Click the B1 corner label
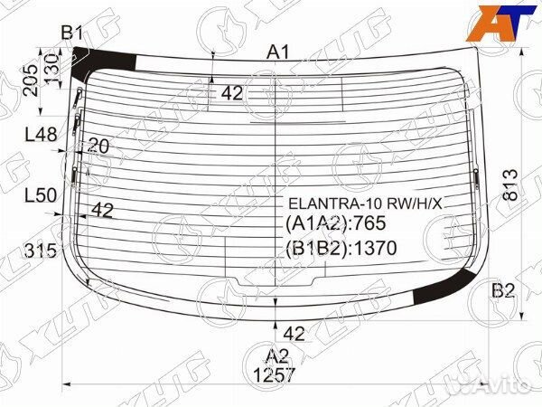click(71, 34)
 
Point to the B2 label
click(503, 290)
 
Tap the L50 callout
click(41, 194)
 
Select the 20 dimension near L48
click(98, 146)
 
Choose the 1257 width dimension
click(275, 374)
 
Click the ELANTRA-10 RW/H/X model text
click(365, 203)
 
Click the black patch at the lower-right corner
click(444, 289)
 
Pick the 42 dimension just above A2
click(294, 332)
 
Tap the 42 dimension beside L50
click(102, 211)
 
